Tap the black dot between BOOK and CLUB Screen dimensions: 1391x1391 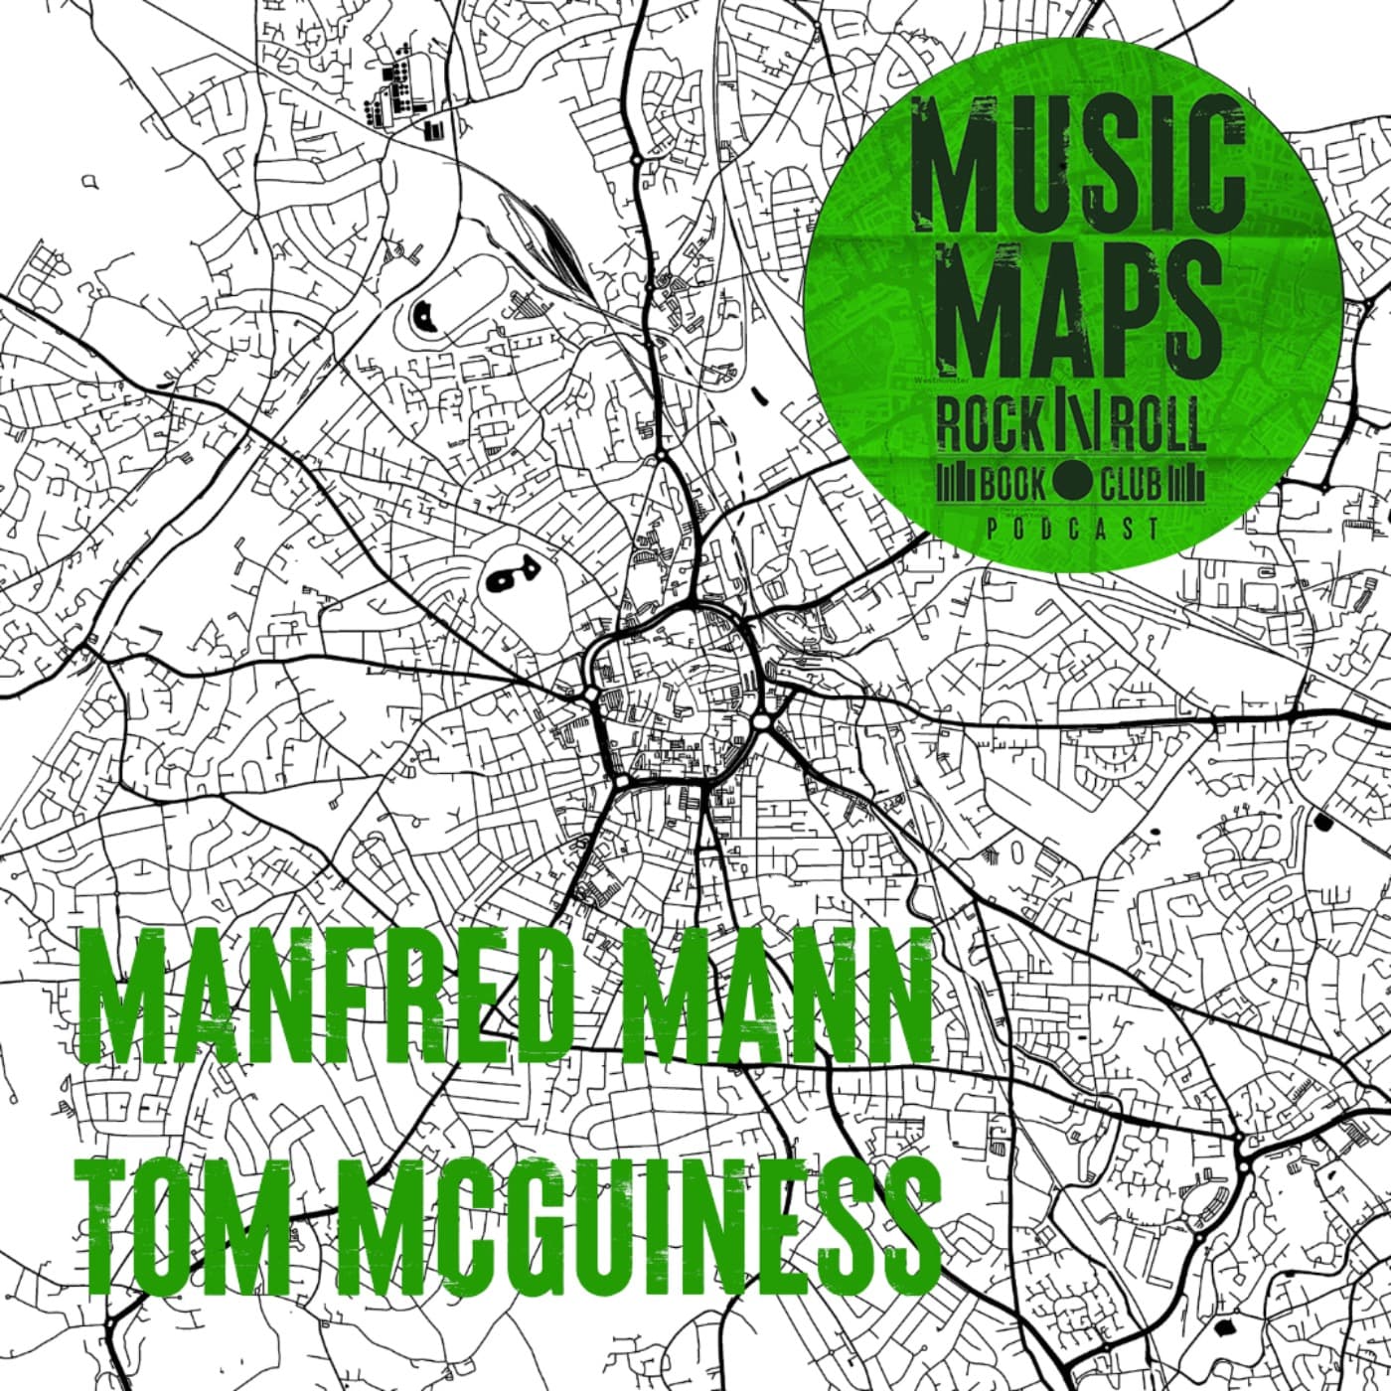coord(1072,485)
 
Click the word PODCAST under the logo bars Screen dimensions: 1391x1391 coord(1072,529)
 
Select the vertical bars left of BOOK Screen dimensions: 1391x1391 coord(958,485)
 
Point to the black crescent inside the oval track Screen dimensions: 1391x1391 coord(424,316)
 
